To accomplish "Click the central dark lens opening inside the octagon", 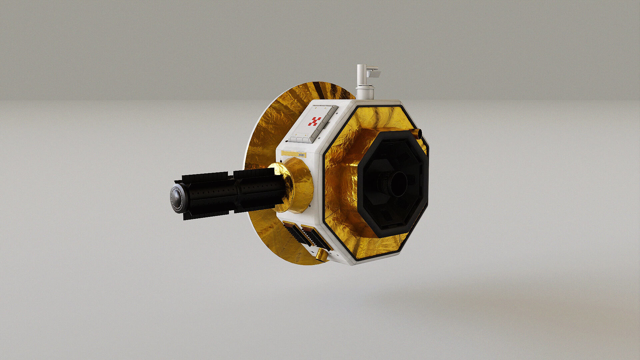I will click(400, 184).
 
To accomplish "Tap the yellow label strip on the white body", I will click(295, 153).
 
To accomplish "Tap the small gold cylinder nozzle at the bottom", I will click(322, 255).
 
